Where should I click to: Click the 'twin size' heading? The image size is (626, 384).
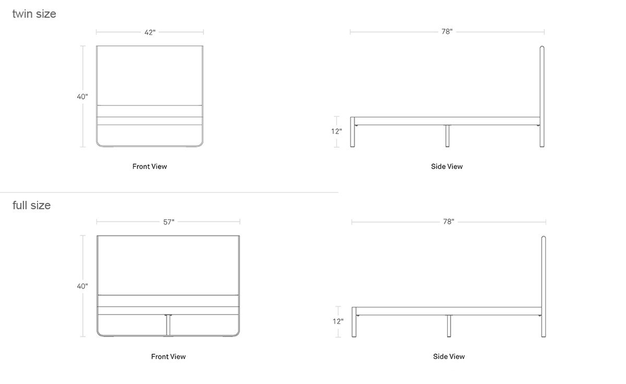click(x=34, y=14)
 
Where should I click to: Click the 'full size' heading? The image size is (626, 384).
click(x=32, y=206)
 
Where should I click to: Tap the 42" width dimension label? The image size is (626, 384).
click(x=150, y=32)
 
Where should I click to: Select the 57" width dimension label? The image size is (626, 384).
click(x=168, y=222)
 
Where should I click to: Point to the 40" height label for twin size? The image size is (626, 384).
click(x=82, y=97)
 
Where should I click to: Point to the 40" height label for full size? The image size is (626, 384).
click(x=82, y=286)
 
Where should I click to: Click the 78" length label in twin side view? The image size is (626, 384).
click(x=447, y=32)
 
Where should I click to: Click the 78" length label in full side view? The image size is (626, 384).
click(x=449, y=222)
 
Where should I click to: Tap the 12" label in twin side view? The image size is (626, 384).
click(x=336, y=131)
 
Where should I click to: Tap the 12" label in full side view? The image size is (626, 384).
click(x=338, y=321)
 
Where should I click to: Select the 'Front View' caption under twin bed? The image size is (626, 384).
click(x=150, y=166)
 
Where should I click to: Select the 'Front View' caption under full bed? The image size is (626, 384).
click(x=168, y=357)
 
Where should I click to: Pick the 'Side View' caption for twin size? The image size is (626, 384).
click(x=447, y=166)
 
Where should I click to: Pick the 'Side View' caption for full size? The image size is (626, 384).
click(x=449, y=357)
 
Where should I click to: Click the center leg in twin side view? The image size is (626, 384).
click(x=448, y=136)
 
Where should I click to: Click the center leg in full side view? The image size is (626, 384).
click(x=449, y=326)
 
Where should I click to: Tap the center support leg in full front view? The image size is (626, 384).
click(x=168, y=325)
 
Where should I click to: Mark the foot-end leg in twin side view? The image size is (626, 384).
click(x=353, y=132)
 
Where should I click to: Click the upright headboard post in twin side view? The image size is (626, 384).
click(x=542, y=97)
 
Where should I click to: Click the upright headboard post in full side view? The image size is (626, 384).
click(x=544, y=286)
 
